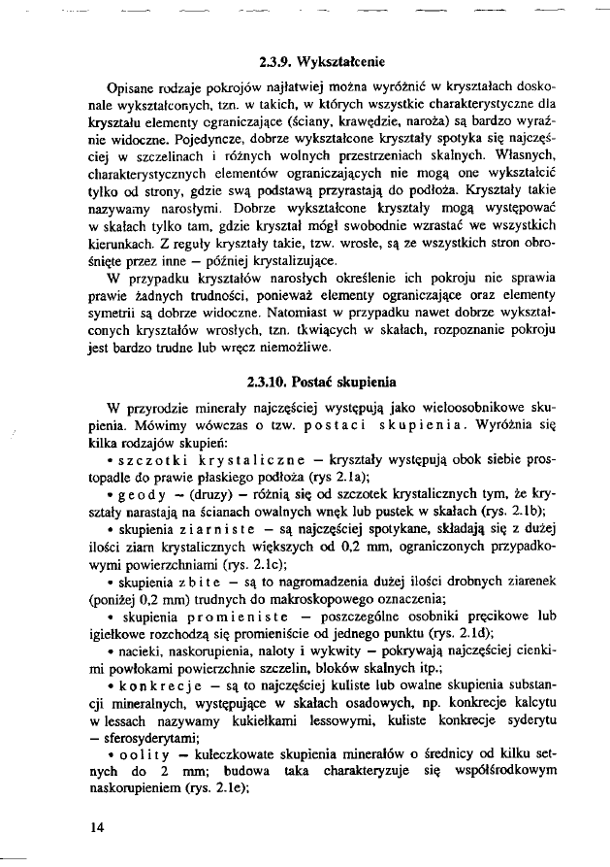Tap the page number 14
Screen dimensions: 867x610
coord(96,827)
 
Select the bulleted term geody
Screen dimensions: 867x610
coord(137,491)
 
